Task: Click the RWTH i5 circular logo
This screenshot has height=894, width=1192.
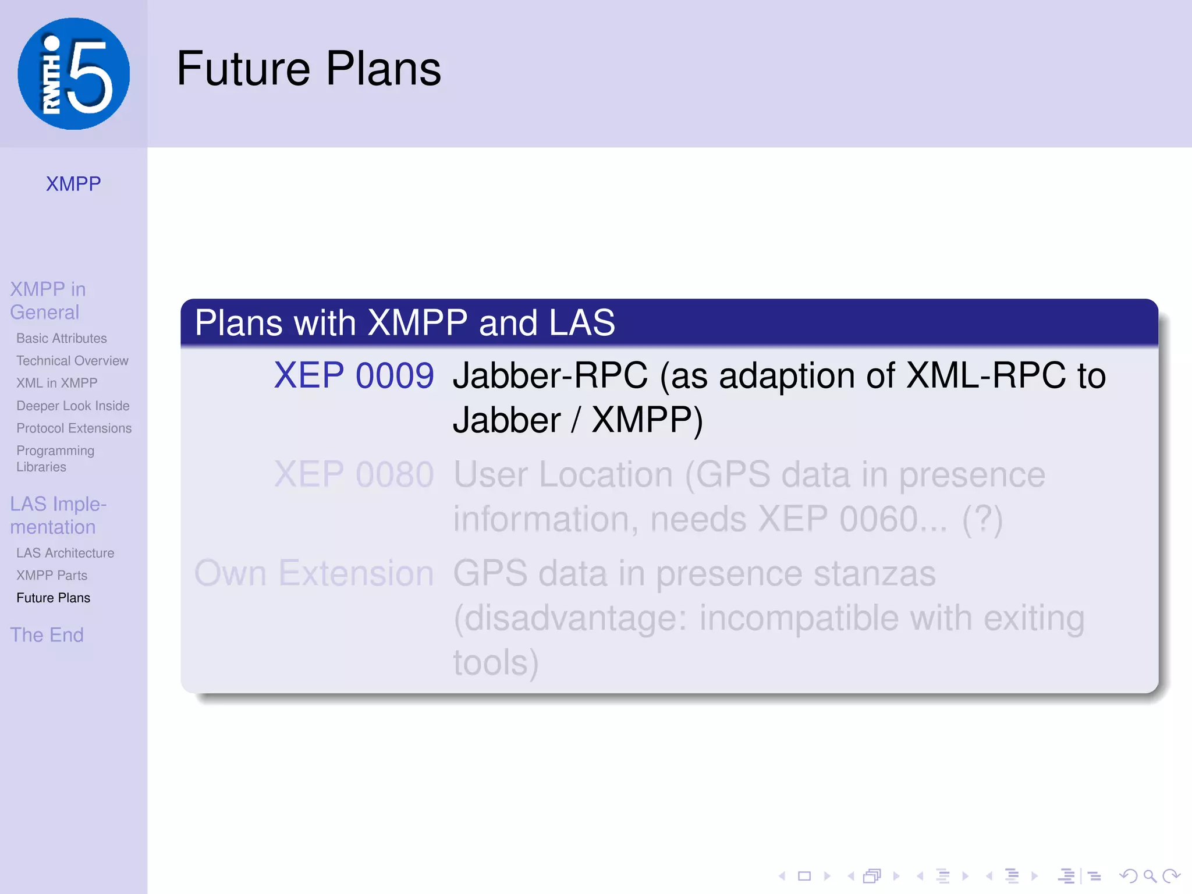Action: tap(74, 74)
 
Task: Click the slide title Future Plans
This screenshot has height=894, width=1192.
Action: tap(308, 69)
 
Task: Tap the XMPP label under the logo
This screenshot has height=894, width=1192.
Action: tap(73, 184)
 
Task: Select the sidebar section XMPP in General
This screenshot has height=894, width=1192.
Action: tap(48, 300)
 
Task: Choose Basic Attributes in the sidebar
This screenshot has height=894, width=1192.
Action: tap(62, 338)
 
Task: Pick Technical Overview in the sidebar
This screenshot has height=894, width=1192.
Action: tap(72, 361)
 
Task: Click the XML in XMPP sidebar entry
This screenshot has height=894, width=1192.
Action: tap(57, 383)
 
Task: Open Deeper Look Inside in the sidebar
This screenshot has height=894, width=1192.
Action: tap(73, 406)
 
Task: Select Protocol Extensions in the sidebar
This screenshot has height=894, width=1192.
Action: tap(74, 428)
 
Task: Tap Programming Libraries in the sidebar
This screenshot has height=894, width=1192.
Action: tap(55, 459)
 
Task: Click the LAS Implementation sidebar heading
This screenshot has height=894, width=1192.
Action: tap(58, 515)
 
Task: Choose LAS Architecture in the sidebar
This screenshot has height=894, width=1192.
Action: tap(65, 553)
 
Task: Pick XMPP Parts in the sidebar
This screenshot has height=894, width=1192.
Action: tap(52, 576)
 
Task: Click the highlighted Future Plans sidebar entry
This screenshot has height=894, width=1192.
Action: tap(54, 598)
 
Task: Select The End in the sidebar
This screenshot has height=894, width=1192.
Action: tap(47, 635)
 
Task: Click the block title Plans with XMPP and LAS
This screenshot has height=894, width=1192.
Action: tap(405, 322)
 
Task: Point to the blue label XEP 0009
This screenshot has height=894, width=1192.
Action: tap(354, 375)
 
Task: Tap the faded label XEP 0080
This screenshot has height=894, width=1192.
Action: tap(354, 474)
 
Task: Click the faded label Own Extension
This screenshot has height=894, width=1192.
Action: tap(314, 573)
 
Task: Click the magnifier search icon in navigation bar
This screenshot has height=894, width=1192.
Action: tap(1150, 876)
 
